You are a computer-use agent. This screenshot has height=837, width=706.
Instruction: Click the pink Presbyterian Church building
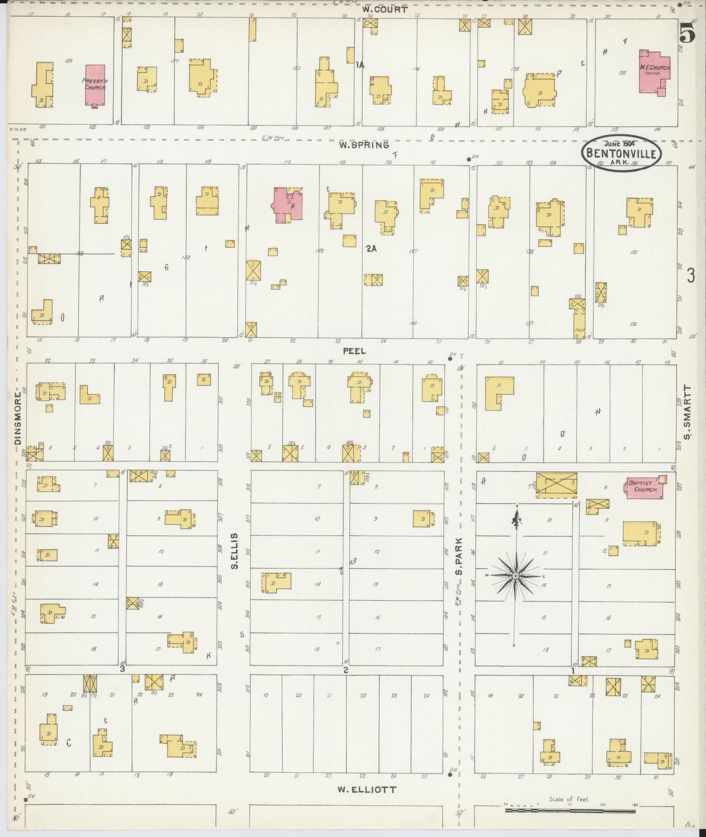pyautogui.click(x=95, y=84)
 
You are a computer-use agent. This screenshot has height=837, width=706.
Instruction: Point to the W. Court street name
pyautogui.click(x=385, y=9)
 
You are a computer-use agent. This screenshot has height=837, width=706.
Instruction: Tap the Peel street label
pyautogui.click(x=354, y=351)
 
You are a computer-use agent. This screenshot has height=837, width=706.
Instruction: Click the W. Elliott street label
pyautogui.click(x=367, y=789)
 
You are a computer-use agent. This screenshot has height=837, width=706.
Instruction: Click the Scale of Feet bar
pyautogui.click(x=570, y=810)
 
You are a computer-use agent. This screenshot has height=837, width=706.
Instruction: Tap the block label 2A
pyautogui.click(x=371, y=249)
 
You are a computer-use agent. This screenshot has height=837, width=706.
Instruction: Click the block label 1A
pyautogui.click(x=360, y=65)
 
